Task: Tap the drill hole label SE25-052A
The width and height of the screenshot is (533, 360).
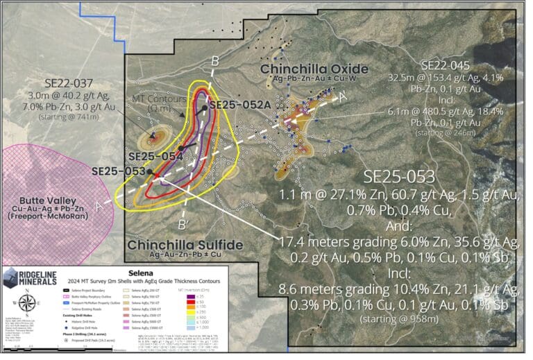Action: pyautogui.click(x=239, y=105)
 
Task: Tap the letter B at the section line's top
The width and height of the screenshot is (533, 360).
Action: pyautogui.click(x=216, y=59)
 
